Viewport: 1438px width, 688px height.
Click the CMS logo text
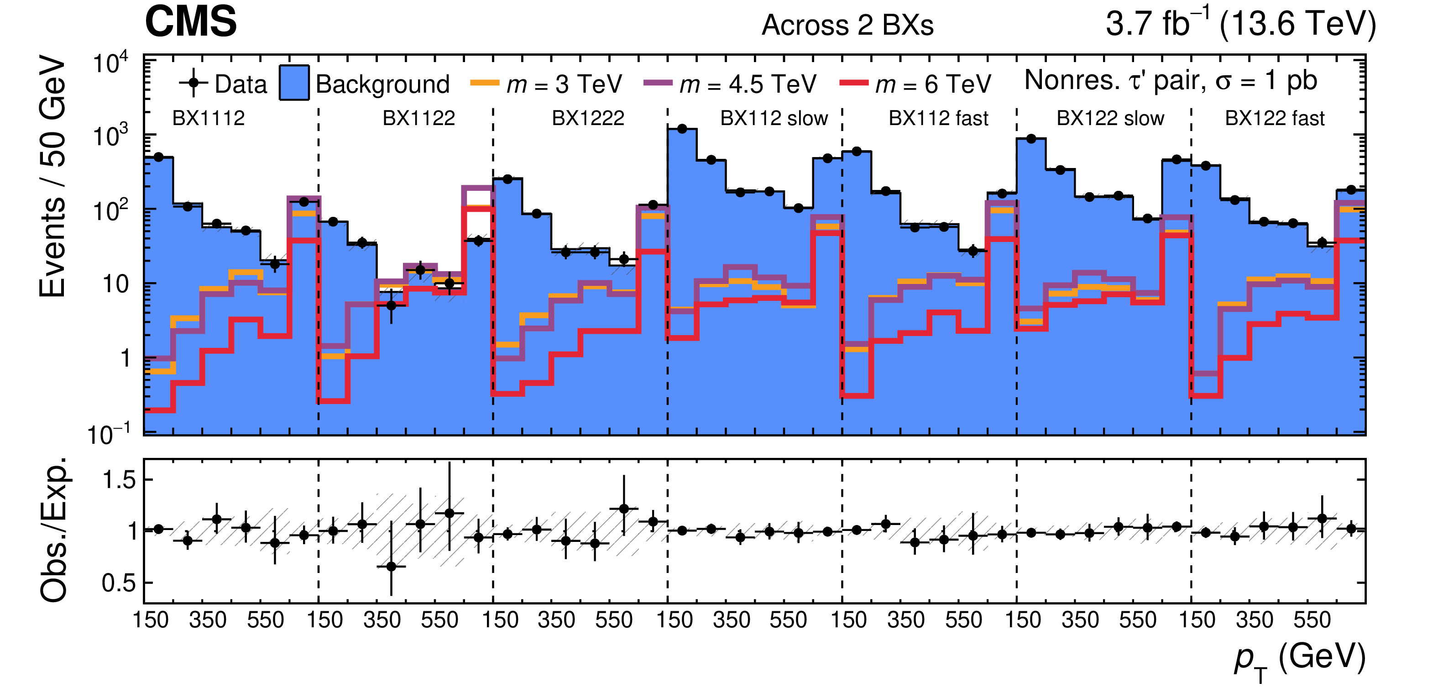[x=190, y=22]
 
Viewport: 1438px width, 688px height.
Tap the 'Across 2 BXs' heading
[x=847, y=25]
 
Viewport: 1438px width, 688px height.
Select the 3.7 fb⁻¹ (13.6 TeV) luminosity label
[x=1240, y=23]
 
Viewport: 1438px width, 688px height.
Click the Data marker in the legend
[x=193, y=84]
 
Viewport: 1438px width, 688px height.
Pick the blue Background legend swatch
[x=294, y=83]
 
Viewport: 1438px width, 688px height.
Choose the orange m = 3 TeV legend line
[x=484, y=83]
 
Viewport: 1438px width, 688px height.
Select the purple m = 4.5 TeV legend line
[x=657, y=83]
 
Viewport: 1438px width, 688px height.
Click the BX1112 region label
[x=208, y=118]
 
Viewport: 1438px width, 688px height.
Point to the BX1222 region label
[x=588, y=118]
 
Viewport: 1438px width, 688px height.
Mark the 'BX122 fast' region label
[x=1275, y=118]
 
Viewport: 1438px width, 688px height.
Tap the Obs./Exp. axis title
[x=54, y=530]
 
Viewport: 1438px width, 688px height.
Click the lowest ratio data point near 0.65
[x=391, y=566]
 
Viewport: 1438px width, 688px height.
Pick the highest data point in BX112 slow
[x=682, y=129]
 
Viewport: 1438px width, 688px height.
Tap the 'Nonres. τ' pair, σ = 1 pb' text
[x=1171, y=80]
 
